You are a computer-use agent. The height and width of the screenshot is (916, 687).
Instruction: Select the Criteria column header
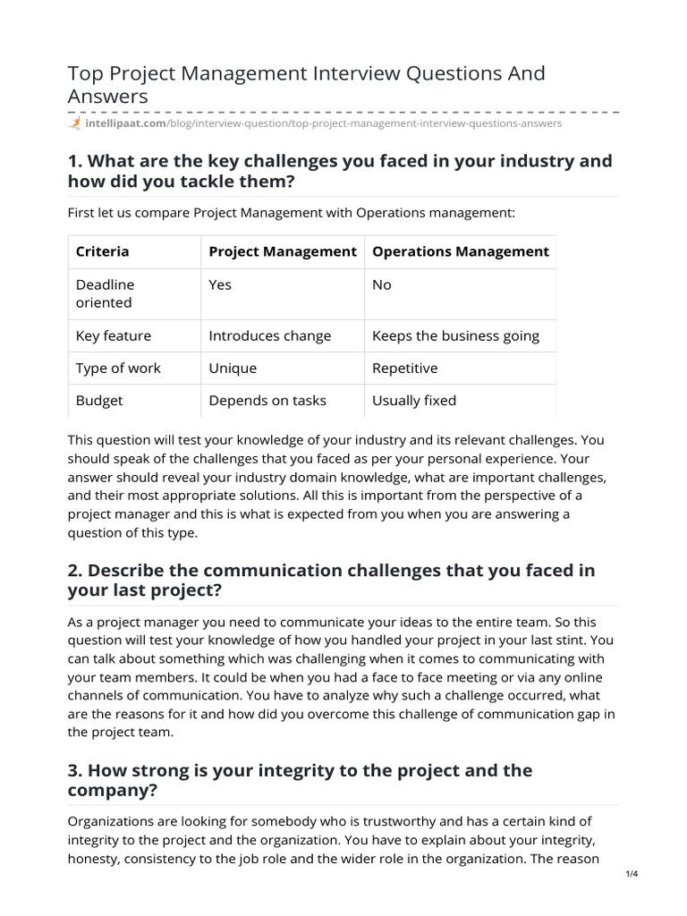pyautogui.click(x=102, y=251)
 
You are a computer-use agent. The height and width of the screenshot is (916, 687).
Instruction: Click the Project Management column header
pyautogui.click(x=283, y=251)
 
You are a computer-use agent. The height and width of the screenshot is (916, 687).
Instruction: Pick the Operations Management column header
pyautogui.click(x=460, y=251)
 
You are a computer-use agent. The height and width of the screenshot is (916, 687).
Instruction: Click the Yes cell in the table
pyautogui.click(x=220, y=284)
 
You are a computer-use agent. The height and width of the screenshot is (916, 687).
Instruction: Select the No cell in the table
pyautogui.click(x=382, y=284)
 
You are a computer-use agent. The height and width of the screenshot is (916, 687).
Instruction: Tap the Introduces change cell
pyautogui.click(x=269, y=335)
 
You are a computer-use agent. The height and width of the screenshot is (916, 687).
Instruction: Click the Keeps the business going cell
pyautogui.click(x=455, y=335)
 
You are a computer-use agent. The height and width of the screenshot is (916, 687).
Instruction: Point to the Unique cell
pyautogui.click(x=233, y=368)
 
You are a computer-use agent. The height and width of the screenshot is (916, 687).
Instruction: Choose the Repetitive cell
pyautogui.click(x=404, y=368)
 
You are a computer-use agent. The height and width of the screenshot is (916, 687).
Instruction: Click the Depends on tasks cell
pyautogui.click(x=267, y=400)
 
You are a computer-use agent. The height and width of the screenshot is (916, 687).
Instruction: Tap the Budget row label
pyautogui.click(x=99, y=400)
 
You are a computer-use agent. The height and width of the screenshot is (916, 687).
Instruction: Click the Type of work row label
pyautogui.click(x=112, y=368)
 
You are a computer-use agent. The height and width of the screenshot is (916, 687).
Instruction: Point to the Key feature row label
pyautogui.click(x=114, y=335)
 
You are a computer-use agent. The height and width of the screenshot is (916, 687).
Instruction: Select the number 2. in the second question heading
pyautogui.click(x=76, y=571)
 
